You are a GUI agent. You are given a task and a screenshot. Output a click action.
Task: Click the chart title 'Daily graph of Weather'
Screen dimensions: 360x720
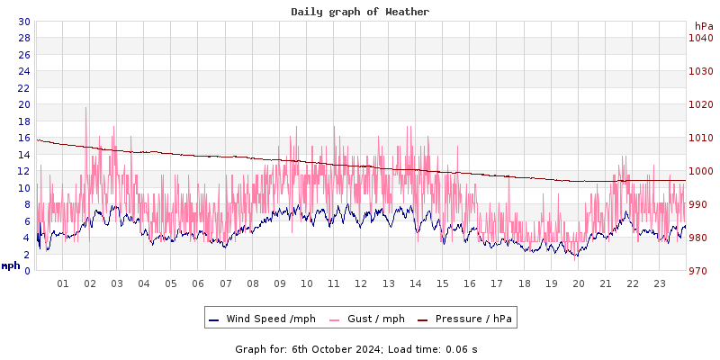(x=360, y=12)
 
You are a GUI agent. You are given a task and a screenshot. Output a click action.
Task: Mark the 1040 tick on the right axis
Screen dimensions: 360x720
(x=700, y=38)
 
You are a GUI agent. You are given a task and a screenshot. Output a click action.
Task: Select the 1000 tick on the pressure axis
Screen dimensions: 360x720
(x=700, y=171)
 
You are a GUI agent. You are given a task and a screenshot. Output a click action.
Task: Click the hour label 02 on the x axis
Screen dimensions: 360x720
(x=89, y=283)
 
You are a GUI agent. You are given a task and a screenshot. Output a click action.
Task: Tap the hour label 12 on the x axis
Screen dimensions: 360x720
(x=361, y=283)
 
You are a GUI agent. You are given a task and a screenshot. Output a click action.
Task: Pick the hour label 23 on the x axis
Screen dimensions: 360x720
(x=660, y=283)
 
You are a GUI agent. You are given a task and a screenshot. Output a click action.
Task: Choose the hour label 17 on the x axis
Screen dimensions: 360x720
(x=497, y=283)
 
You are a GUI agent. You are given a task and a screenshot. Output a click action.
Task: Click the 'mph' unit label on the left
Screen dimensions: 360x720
(x=11, y=265)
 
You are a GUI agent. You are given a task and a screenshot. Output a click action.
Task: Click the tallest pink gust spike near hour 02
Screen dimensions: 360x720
(x=86, y=109)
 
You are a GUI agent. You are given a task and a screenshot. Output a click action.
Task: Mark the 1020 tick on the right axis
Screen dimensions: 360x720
(x=700, y=104)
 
